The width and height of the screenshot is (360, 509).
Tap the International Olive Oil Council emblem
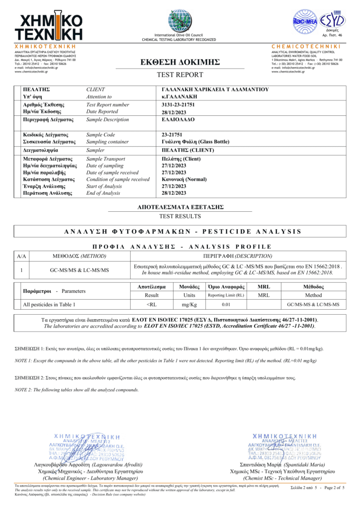point(179,21)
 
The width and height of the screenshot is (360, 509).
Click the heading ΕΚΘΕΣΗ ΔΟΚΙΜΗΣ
point(180,62)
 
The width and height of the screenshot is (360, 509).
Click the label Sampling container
point(105,142)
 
